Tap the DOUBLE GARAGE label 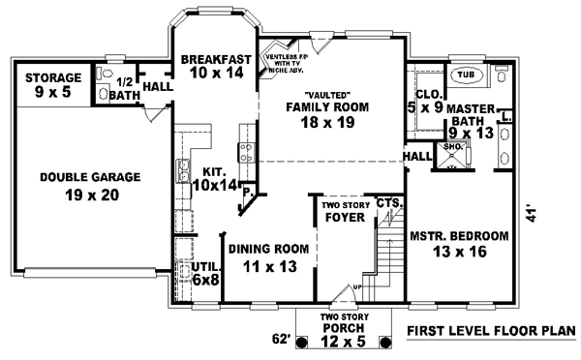coord(90,185)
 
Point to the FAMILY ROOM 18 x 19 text coord(321,113)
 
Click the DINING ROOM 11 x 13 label coord(269,256)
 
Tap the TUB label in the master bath coord(466,75)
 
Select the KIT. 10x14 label coord(214,176)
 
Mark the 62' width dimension coord(281,340)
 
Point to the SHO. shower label coord(452,147)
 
